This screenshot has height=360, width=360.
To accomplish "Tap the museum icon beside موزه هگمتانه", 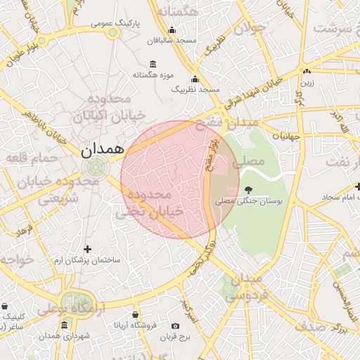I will click(x=153, y=65).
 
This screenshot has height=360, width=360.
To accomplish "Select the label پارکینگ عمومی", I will click(x=115, y=24).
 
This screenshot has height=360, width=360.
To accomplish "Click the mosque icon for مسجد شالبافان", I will click(x=172, y=30).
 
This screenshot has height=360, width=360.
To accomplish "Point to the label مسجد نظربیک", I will click(x=196, y=90).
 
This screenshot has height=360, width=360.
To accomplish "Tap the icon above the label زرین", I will click(x=306, y=72).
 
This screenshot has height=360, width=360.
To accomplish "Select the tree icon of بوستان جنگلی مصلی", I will click(x=247, y=189).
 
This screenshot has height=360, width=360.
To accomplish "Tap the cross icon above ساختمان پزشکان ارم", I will click(x=87, y=249).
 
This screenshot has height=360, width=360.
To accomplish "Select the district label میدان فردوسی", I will click(x=245, y=288).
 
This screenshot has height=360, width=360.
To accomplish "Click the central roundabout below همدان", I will click(x=96, y=167).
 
